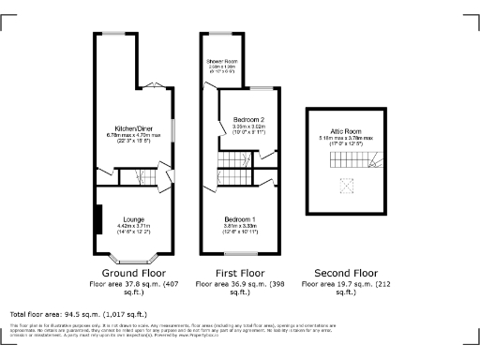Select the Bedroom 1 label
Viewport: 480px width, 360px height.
(x=239, y=219)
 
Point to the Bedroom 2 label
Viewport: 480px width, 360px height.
(x=249, y=120)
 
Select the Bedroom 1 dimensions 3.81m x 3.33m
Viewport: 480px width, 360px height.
(x=239, y=227)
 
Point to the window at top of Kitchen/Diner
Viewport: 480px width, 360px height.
(x=116, y=36)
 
